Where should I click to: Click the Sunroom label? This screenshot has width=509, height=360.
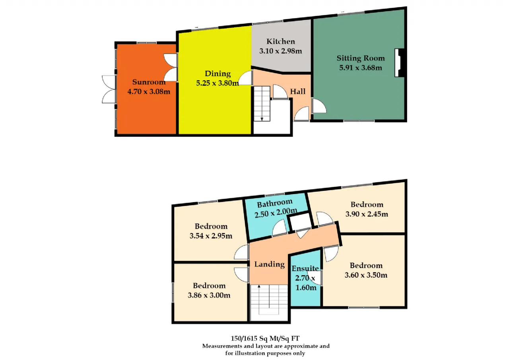[149, 82]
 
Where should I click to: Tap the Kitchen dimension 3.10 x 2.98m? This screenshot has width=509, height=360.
[281, 51]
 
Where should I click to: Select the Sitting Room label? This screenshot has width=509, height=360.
[361, 58]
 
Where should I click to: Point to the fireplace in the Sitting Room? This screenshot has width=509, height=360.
[399, 63]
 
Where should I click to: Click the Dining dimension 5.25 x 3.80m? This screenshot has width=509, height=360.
[218, 83]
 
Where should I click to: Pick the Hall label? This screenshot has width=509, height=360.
[298, 91]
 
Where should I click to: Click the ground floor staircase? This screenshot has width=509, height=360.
[262, 103]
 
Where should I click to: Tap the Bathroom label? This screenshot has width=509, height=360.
[275, 203]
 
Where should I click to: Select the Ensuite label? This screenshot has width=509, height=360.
[305, 269]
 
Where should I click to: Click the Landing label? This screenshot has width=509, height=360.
[270, 264]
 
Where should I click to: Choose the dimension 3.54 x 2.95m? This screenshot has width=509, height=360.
[211, 236]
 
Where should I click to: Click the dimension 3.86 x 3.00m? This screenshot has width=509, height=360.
[209, 295]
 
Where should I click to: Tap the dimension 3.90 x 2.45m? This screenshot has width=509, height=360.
[367, 214]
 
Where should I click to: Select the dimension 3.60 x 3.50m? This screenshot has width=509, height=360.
[366, 275]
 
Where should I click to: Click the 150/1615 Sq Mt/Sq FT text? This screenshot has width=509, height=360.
[265, 339]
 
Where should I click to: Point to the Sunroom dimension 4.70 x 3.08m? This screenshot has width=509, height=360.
[149, 91]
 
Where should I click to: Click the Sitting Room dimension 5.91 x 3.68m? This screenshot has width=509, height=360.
[361, 68]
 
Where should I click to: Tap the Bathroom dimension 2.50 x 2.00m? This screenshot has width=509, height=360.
[276, 213]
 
